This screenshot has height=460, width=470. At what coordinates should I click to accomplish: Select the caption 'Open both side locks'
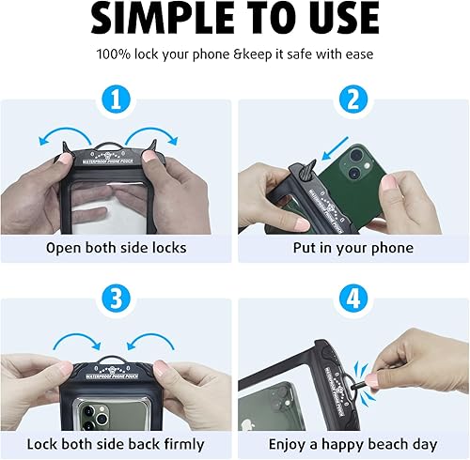(117, 248)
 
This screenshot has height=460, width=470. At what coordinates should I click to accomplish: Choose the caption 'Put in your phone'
(352, 248)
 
